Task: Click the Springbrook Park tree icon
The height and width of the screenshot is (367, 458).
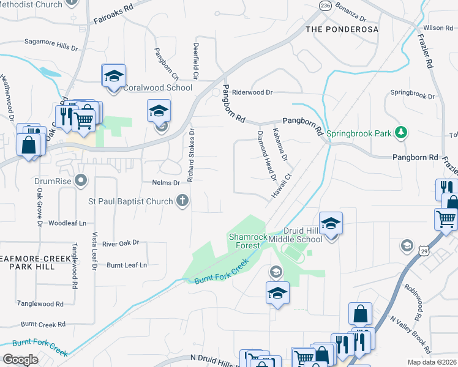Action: pyautogui.click(x=401, y=133)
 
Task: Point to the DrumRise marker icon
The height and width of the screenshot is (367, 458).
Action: pyautogui.click(x=80, y=180)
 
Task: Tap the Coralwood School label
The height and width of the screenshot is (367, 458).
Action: pyautogui.click(x=158, y=87)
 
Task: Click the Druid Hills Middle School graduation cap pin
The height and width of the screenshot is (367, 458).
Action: pyautogui.click(x=331, y=224)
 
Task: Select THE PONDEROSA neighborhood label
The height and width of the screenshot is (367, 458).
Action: pyautogui.click(x=342, y=29)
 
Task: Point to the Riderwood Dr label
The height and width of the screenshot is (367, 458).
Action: pyautogui.click(x=252, y=92)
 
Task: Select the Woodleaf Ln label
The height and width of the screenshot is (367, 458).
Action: pyautogui.click(x=67, y=223)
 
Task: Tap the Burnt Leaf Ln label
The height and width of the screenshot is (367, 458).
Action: pyautogui.click(x=127, y=265)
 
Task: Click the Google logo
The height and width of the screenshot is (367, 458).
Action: pyautogui.click(x=21, y=359)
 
